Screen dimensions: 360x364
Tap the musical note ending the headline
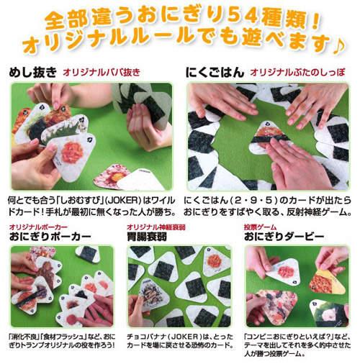(338, 45)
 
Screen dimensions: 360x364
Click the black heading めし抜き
(32, 72)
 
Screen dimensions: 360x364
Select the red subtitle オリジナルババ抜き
(102, 72)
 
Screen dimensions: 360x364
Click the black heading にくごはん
(215, 72)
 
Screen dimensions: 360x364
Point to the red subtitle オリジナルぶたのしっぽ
(297, 72)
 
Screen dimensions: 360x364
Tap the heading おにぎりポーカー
(50, 237)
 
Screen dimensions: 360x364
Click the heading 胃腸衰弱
(147, 237)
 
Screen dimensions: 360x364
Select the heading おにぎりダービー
(284, 237)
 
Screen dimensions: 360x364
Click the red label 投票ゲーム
(260, 227)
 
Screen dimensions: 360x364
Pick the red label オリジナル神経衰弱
(156, 227)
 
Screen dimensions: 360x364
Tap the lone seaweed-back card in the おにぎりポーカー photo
(87, 254)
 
